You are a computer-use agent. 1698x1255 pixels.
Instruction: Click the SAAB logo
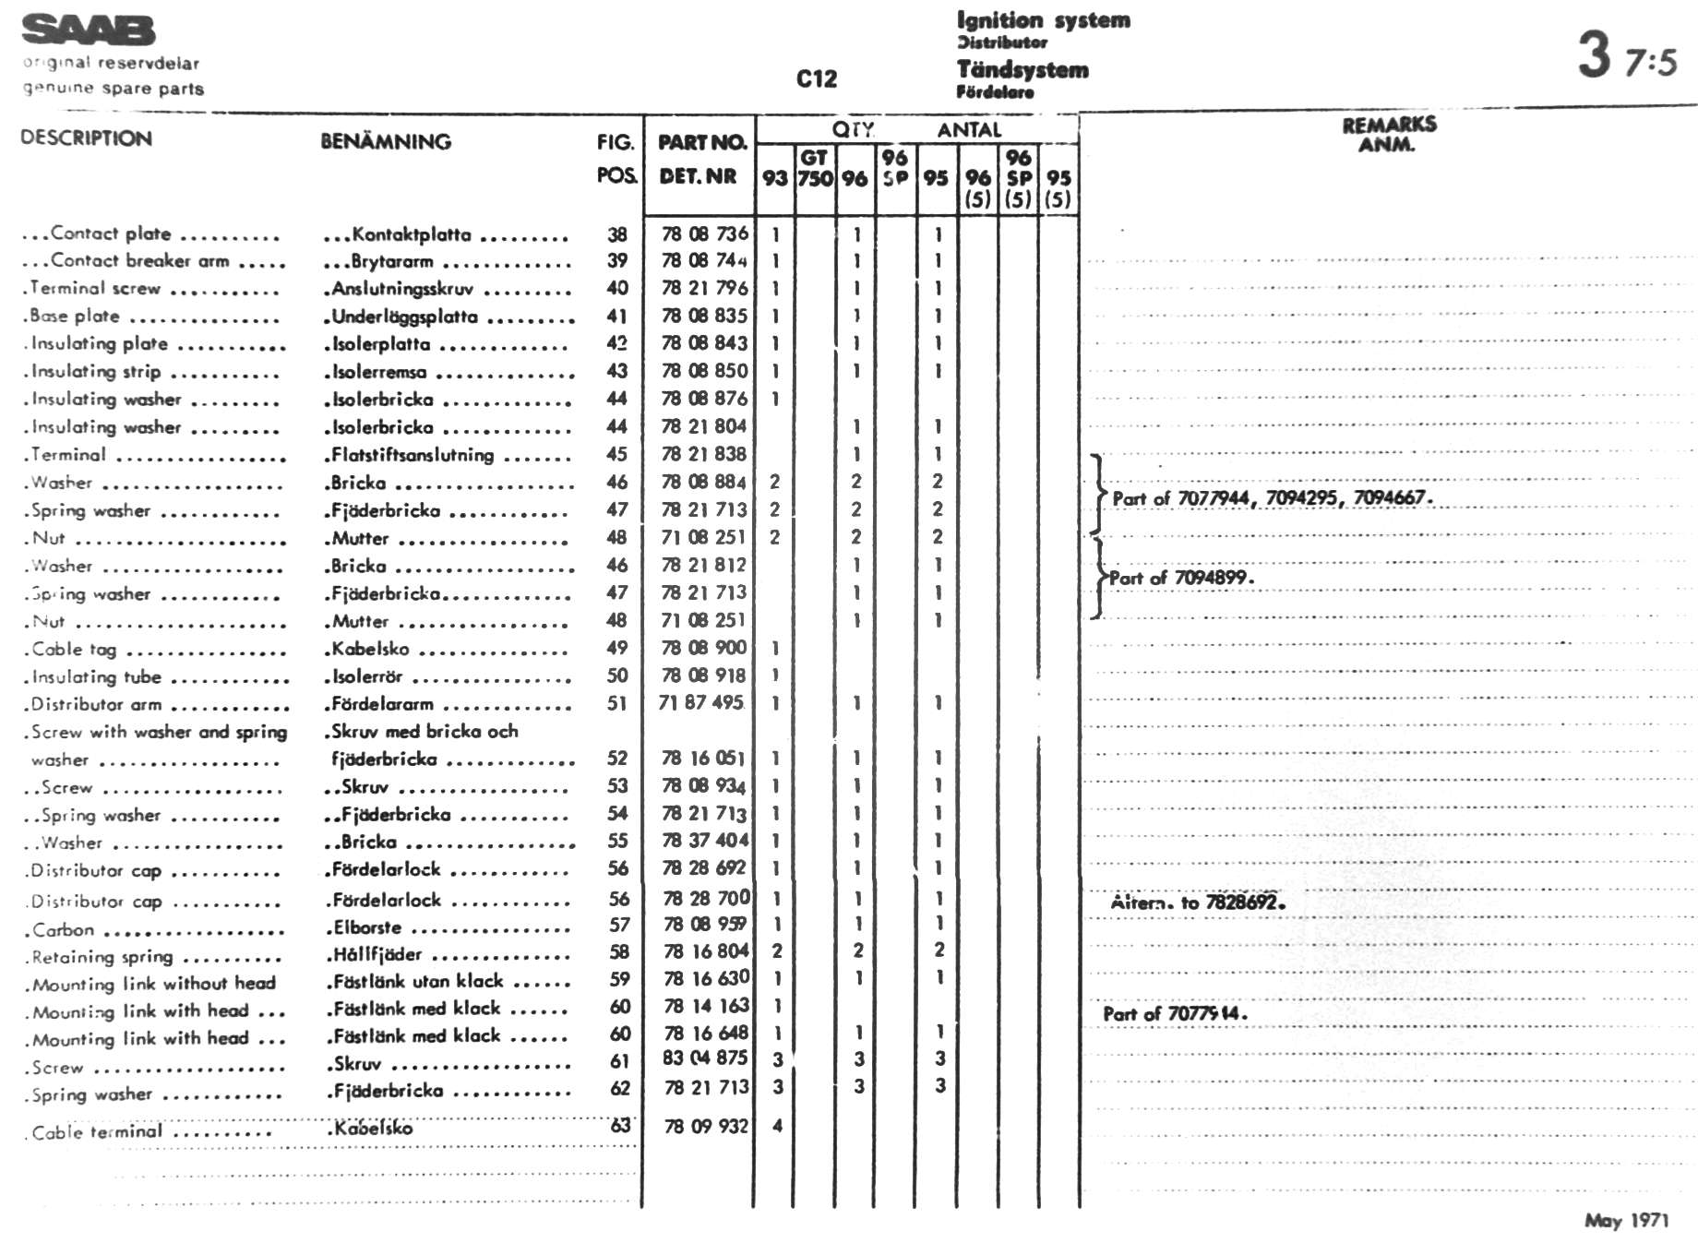click(89, 30)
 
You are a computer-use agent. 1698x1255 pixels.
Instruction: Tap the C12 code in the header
click(816, 79)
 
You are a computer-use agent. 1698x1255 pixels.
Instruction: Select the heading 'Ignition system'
click(1043, 20)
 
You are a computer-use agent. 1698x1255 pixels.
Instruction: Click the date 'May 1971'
click(1626, 1221)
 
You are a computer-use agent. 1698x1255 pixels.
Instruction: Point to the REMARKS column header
click(1388, 125)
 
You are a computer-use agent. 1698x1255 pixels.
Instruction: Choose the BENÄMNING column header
click(386, 142)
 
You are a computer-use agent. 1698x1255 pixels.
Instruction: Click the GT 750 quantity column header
click(814, 168)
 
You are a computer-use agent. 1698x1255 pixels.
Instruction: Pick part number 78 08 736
click(704, 234)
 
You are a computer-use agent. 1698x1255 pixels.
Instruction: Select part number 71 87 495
click(700, 703)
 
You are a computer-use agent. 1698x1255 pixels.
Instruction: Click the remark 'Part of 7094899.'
click(1181, 579)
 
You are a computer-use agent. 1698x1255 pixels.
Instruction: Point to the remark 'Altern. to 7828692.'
click(1197, 902)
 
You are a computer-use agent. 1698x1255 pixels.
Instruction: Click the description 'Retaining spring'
click(102, 957)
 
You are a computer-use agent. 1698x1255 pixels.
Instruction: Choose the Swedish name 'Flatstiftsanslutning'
click(412, 455)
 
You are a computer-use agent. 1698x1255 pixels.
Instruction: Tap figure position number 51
click(616, 704)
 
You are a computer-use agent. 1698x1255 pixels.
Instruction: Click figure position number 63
click(620, 1126)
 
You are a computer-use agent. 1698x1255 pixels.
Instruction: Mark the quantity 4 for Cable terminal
click(777, 1126)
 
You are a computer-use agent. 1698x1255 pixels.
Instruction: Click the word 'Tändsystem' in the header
click(1022, 70)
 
